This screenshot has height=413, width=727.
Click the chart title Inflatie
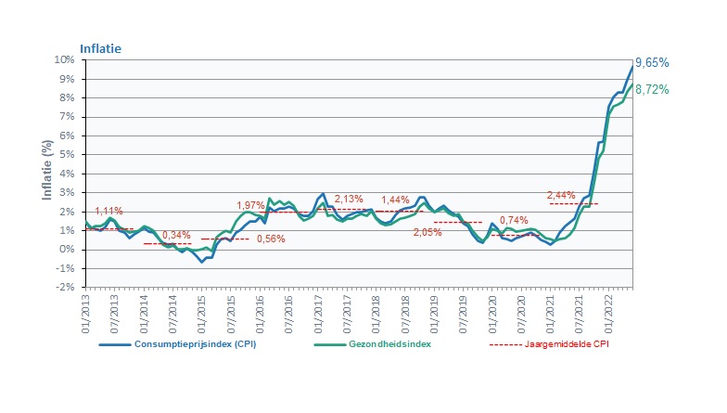pyautogui.click(x=100, y=47)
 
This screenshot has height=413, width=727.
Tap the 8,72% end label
pyautogui.click(x=653, y=89)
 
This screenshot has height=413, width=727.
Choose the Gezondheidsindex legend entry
pyautogui.click(x=389, y=342)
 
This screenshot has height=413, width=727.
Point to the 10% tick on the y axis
pyautogui.click(x=65, y=59)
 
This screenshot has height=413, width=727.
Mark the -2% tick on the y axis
pyautogui.click(x=66, y=287)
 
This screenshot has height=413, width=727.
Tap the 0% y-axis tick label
pyautogui.click(x=68, y=249)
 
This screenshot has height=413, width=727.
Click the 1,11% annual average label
pyautogui.click(x=108, y=212)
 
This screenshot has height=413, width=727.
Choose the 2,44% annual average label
pyautogui.click(x=561, y=195)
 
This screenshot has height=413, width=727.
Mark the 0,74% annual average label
pyautogui.click(x=514, y=221)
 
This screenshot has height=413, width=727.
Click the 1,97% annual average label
pyautogui.click(x=250, y=205)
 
